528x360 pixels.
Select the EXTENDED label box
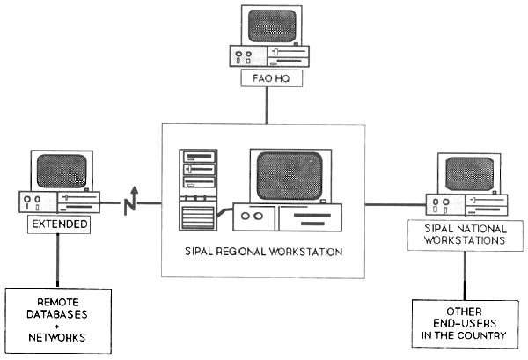pos(58,224)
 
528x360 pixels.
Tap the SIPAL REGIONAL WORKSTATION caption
pos(265,253)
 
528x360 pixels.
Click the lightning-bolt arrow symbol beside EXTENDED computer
pos(132,201)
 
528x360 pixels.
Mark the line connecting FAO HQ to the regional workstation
pos(265,106)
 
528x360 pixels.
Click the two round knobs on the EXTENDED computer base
pos(33,202)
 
